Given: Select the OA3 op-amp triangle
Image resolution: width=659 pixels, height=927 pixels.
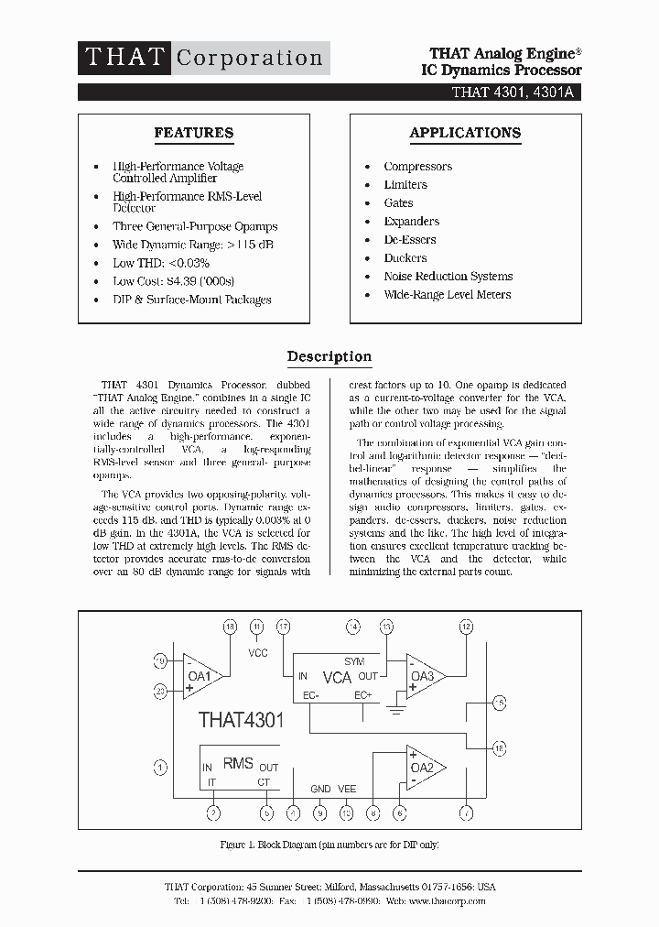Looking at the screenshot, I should tap(423, 676).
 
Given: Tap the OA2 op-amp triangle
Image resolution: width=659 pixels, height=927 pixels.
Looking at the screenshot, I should tap(424, 767).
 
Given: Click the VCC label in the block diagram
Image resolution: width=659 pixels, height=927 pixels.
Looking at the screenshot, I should tap(257, 653).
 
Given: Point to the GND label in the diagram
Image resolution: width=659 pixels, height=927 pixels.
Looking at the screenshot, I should tap(320, 789).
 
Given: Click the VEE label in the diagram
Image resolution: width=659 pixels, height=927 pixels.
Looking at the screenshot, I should tap(347, 789).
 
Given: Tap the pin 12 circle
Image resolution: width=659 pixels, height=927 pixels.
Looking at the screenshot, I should tap(466, 627).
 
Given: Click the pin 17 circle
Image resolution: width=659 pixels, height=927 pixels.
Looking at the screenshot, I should tap(284, 627).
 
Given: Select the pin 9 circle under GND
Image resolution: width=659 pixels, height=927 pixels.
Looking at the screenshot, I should tap(319, 812).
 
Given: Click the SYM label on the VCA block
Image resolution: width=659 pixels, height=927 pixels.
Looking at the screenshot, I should tap(354, 661).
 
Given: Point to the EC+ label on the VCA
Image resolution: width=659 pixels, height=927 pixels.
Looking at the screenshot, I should tap(363, 696).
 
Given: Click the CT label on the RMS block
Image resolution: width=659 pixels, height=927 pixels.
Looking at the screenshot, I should tap(264, 781).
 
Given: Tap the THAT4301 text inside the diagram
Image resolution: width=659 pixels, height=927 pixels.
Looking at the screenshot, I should tap(242, 720).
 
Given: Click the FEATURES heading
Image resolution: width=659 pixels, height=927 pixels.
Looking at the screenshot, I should tap(193, 133).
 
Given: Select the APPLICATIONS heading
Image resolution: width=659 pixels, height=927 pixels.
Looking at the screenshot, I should tap(465, 133).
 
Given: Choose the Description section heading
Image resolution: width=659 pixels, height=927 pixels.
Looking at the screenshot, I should tap(329, 356).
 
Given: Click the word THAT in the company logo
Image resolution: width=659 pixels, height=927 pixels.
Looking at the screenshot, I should tap(124, 57).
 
